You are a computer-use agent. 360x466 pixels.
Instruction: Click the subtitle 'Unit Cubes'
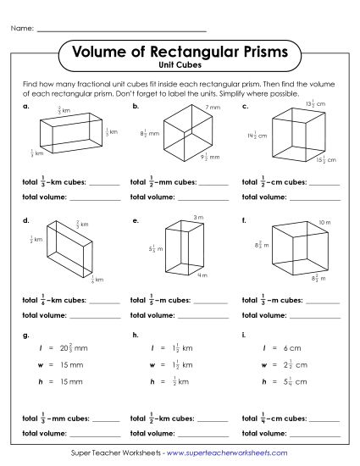179,65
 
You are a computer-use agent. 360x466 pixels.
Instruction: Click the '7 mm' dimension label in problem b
213,108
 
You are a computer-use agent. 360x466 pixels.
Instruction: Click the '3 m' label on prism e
199,218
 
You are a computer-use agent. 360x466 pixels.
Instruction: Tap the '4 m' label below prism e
202,275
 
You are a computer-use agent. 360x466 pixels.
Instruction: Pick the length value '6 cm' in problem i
293,349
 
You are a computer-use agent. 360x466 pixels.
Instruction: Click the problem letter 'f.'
244,220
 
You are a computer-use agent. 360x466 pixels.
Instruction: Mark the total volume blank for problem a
94,197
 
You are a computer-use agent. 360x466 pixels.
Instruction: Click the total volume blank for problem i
315,433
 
